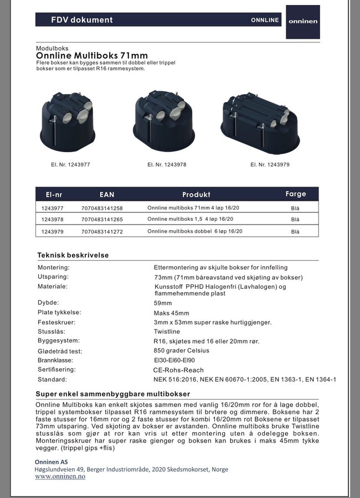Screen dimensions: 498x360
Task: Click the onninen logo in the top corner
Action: (x=302, y=22)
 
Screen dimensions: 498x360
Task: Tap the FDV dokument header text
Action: (x=81, y=20)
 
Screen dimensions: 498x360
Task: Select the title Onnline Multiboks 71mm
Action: (x=91, y=55)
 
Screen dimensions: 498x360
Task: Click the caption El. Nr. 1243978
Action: (x=167, y=164)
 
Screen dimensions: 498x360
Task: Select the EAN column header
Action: (x=107, y=195)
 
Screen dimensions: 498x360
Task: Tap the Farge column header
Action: (x=295, y=194)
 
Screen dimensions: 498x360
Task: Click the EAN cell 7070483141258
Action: (x=102, y=208)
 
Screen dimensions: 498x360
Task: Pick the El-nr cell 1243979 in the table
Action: (x=53, y=231)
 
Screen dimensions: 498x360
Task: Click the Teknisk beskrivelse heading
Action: (x=73, y=255)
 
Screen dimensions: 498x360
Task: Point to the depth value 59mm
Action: (x=163, y=303)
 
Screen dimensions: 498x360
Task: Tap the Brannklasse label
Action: (x=56, y=360)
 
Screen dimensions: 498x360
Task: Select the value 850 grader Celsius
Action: (x=182, y=350)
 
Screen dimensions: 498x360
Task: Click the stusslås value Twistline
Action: (x=167, y=331)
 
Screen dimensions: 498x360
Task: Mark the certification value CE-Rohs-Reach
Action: (x=178, y=370)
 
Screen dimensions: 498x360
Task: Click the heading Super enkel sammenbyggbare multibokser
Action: (x=113, y=393)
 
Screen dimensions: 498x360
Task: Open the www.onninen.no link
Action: (x=60, y=477)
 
